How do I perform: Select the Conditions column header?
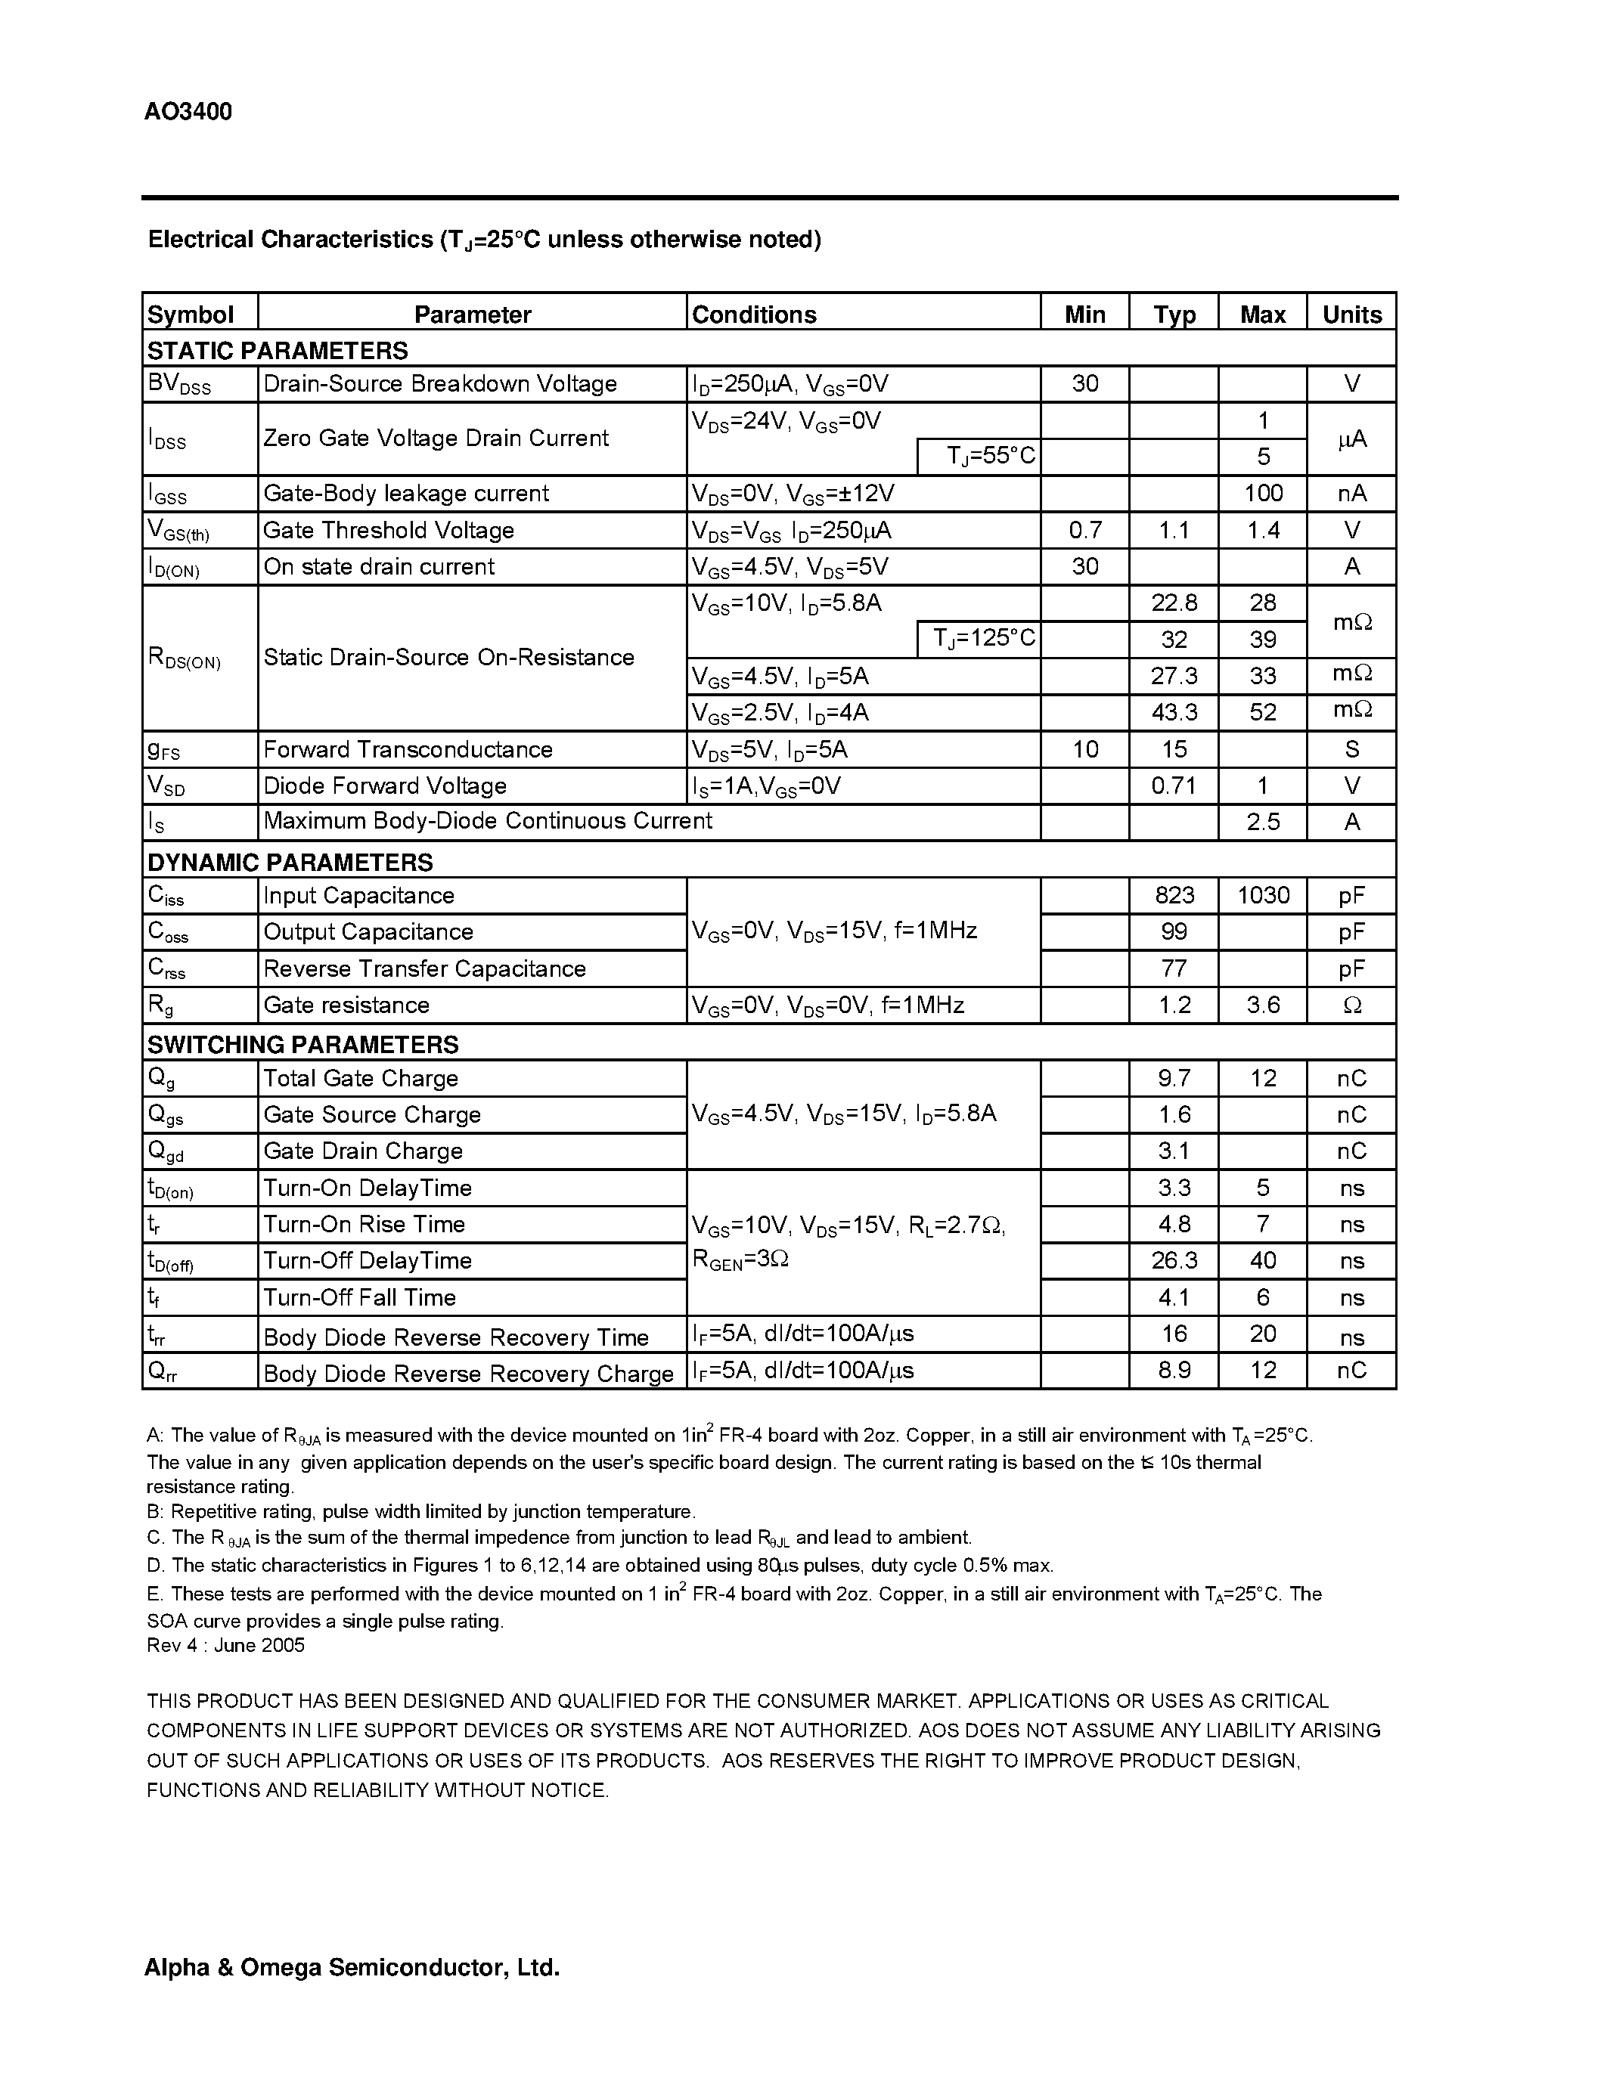coord(754,314)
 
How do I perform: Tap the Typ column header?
coord(1173,314)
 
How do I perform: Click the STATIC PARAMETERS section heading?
coord(277,350)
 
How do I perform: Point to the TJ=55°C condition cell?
coord(989,456)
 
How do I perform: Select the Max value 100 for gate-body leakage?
coord(1262,493)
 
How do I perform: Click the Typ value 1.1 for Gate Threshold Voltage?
coord(1173,530)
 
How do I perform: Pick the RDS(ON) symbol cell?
coord(185,658)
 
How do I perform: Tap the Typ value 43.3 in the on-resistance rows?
coord(1173,712)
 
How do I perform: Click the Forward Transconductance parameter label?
coord(408,749)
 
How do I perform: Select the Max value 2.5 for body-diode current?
coord(1262,822)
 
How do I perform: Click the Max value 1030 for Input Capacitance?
coord(1262,895)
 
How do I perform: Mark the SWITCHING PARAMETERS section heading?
coord(302,1044)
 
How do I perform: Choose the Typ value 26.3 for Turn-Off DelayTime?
coord(1173,1260)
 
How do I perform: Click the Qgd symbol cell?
coord(166,1152)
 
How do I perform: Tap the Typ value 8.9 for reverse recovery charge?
coord(1173,1370)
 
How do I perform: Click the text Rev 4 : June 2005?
coord(225,1646)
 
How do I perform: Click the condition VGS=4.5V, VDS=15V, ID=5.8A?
coord(843,1114)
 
